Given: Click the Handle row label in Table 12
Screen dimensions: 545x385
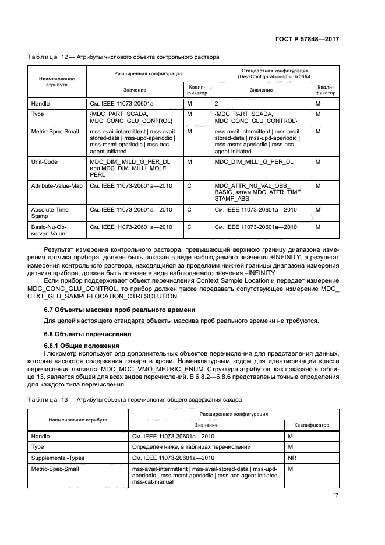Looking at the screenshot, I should point(40,103).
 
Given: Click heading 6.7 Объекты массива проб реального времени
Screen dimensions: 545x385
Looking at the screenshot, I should point(120,309).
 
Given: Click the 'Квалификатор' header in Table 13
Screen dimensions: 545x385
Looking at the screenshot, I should point(311,425).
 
